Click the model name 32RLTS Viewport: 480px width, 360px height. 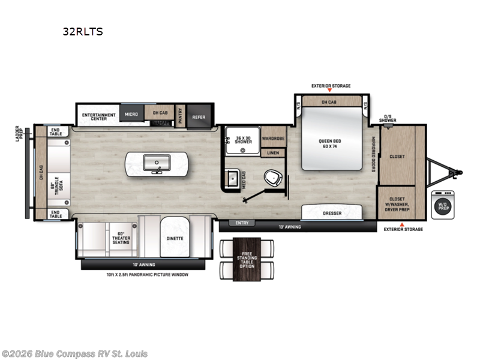83,32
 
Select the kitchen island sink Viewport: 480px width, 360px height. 156,163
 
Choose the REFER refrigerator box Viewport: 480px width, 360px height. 199,117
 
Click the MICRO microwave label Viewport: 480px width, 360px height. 131,113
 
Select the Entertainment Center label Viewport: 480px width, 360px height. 95,116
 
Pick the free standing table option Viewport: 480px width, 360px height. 247,261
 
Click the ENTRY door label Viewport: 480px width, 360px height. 242,223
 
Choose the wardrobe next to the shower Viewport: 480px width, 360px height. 273,137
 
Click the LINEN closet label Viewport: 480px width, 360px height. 273,153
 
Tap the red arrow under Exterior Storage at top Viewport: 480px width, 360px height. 331,91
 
